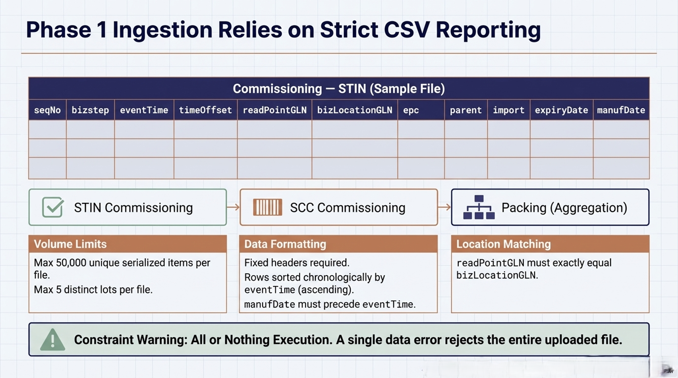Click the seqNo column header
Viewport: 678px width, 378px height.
point(47,110)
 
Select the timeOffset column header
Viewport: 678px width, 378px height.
point(205,110)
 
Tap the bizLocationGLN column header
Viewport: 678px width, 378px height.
point(354,110)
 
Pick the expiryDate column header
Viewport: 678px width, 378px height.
point(561,110)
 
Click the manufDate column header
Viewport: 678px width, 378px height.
point(621,110)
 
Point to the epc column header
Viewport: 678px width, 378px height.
point(411,110)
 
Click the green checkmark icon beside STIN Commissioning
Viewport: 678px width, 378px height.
point(53,207)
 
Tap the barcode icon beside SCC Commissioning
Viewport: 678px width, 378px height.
point(267,207)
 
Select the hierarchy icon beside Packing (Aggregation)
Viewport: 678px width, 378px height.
point(479,207)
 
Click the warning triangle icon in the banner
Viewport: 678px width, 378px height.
point(52,340)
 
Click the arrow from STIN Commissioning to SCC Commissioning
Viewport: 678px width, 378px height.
point(233,207)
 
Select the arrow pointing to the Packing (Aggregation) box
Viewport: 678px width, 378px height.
point(444,207)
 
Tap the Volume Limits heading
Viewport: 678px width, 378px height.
point(70,244)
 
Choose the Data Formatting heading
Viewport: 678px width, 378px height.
point(285,244)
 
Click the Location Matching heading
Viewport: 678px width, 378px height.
point(503,244)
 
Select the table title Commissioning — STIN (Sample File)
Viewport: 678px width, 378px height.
point(338,89)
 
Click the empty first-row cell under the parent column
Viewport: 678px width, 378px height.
point(466,129)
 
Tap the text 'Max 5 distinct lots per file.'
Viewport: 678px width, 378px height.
point(93,290)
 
